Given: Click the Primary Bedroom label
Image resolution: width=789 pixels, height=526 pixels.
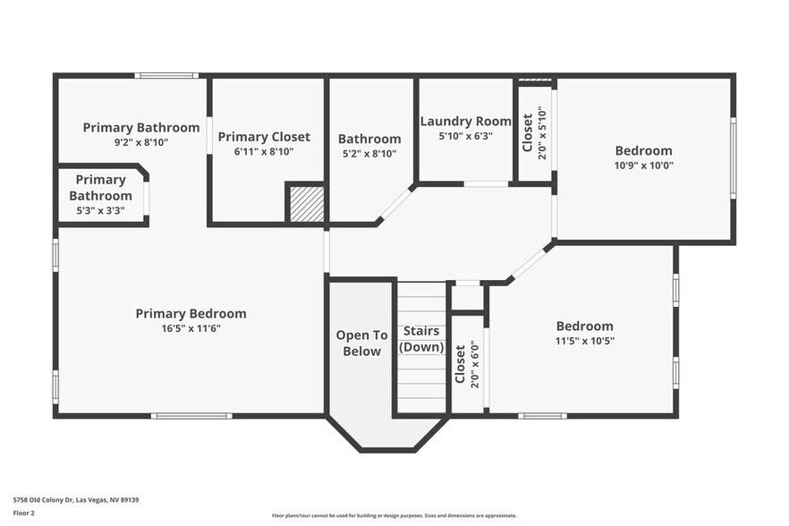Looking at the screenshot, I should click(x=191, y=314).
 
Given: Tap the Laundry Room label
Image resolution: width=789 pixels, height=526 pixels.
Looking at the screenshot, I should click(x=465, y=122).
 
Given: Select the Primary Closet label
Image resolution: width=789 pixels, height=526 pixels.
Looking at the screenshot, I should click(x=264, y=137).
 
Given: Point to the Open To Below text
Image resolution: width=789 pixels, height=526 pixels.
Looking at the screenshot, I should click(x=361, y=343).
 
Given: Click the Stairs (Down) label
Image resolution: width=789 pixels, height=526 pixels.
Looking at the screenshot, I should click(x=421, y=339).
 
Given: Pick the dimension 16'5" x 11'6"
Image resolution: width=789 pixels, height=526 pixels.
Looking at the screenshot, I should click(x=191, y=328).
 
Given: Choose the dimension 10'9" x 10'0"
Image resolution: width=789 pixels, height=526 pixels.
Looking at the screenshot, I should click(x=643, y=165).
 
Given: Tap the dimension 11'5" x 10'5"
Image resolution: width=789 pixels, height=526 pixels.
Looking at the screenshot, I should click(x=584, y=340).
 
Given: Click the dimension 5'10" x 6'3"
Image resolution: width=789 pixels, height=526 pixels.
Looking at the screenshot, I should click(x=465, y=136).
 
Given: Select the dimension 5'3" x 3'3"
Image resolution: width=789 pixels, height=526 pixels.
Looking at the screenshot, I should click(x=100, y=210).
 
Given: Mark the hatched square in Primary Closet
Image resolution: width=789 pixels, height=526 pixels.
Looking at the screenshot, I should click(x=305, y=203).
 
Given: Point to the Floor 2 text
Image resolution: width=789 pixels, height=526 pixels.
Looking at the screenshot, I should click(x=23, y=513).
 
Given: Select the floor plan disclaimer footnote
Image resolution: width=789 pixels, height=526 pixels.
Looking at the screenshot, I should click(x=394, y=515).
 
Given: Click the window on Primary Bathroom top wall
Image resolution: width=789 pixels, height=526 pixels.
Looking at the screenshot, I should click(x=166, y=75).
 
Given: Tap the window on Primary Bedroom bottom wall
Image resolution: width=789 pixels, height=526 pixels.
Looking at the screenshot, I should click(x=191, y=415).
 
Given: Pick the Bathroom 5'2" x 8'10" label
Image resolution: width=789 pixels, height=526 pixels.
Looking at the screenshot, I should click(x=369, y=146).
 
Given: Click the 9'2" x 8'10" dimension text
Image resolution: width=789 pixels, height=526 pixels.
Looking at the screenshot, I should click(x=141, y=141).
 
